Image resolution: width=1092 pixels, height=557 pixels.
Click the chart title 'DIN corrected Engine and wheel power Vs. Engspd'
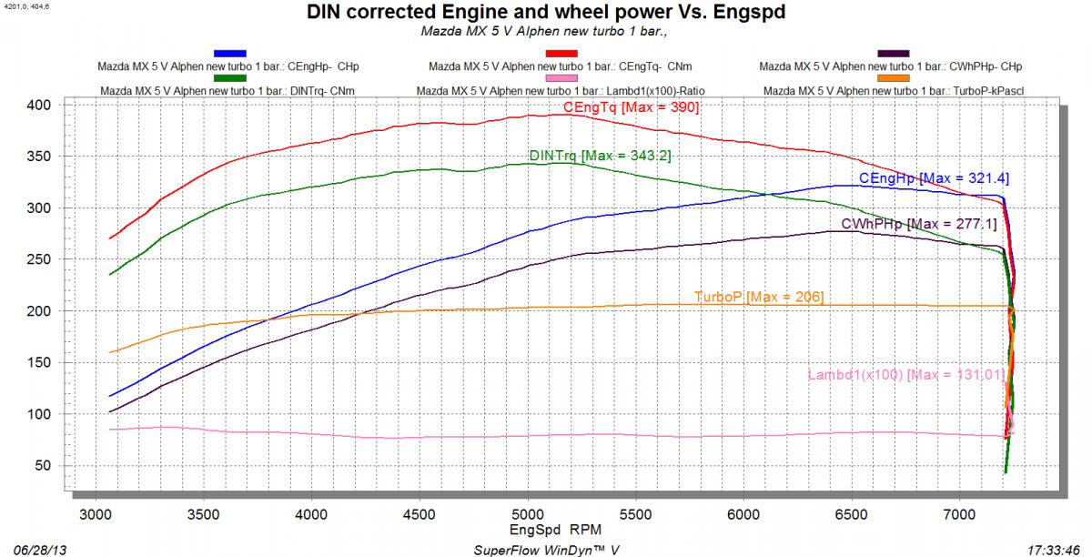tap(544, 14)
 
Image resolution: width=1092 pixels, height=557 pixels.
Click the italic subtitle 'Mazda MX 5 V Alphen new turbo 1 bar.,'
tap(545, 33)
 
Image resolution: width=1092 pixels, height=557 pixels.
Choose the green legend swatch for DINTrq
tap(230, 80)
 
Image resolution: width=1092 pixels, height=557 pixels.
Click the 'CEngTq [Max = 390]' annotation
tap(631, 108)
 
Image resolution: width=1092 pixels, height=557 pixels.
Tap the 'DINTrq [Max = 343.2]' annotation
tap(600, 156)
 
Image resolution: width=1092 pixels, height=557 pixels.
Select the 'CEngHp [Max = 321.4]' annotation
tap(934, 178)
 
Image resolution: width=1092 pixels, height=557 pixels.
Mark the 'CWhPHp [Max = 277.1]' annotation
tap(919, 224)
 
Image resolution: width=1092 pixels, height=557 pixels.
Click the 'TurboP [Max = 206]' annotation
tap(758, 297)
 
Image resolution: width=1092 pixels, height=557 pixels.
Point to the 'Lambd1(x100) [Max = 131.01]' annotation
tap(905, 375)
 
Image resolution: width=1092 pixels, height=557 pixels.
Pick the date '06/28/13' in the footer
tap(27, 550)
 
